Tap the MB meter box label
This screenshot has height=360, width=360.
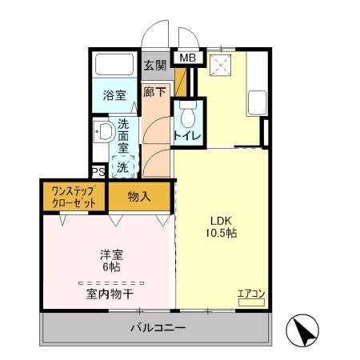click(187, 58)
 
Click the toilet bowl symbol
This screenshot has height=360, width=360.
click(189, 117)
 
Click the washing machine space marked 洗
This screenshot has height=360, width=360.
click(123, 167)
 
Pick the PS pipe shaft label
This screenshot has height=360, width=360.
click(98, 172)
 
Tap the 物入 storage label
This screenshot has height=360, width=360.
click(139, 196)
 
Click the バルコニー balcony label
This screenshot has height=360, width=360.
click(158, 328)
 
